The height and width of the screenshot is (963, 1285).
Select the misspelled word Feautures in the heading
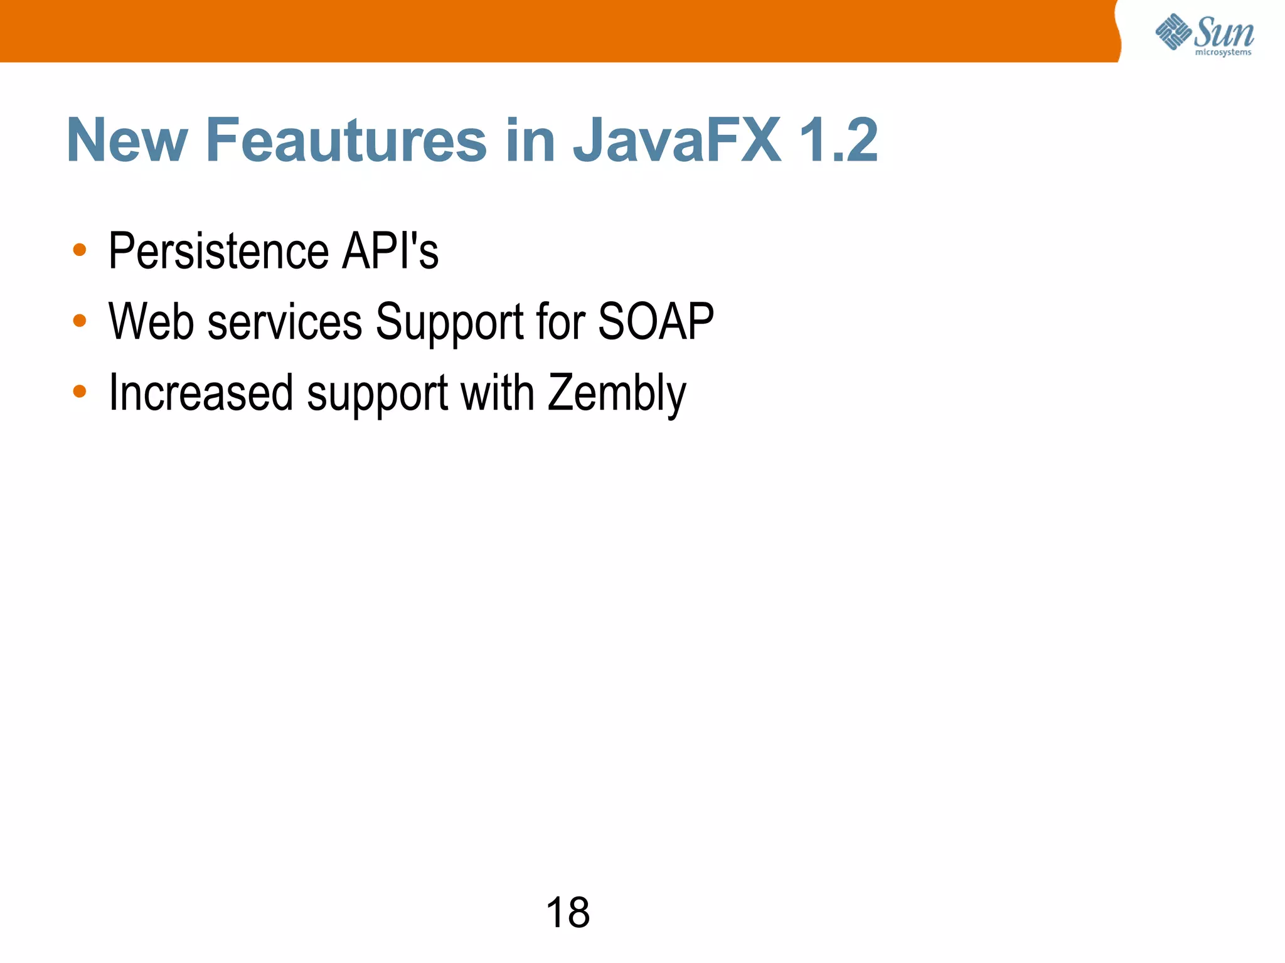[x=346, y=141]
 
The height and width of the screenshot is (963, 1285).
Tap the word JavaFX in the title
[x=677, y=141]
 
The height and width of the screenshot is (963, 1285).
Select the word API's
[x=390, y=251]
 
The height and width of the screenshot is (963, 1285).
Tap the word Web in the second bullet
[x=151, y=321]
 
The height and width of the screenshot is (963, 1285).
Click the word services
[x=285, y=322]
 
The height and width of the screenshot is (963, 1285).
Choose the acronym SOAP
[x=656, y=321]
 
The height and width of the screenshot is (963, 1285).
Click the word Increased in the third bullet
[x=201, y=393]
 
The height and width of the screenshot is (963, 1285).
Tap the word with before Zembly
[x=497, y=393]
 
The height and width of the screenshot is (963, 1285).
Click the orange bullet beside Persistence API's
[x=80, y=250]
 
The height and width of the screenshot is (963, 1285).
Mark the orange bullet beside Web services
[x=80, y=321]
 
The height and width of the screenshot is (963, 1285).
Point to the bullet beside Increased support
[x=80, y=391]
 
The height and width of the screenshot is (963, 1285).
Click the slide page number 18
[x=568, y=912]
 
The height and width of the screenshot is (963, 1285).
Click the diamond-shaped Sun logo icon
[x=1173, y=31]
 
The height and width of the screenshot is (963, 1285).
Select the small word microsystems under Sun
[x=1223, y=53]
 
